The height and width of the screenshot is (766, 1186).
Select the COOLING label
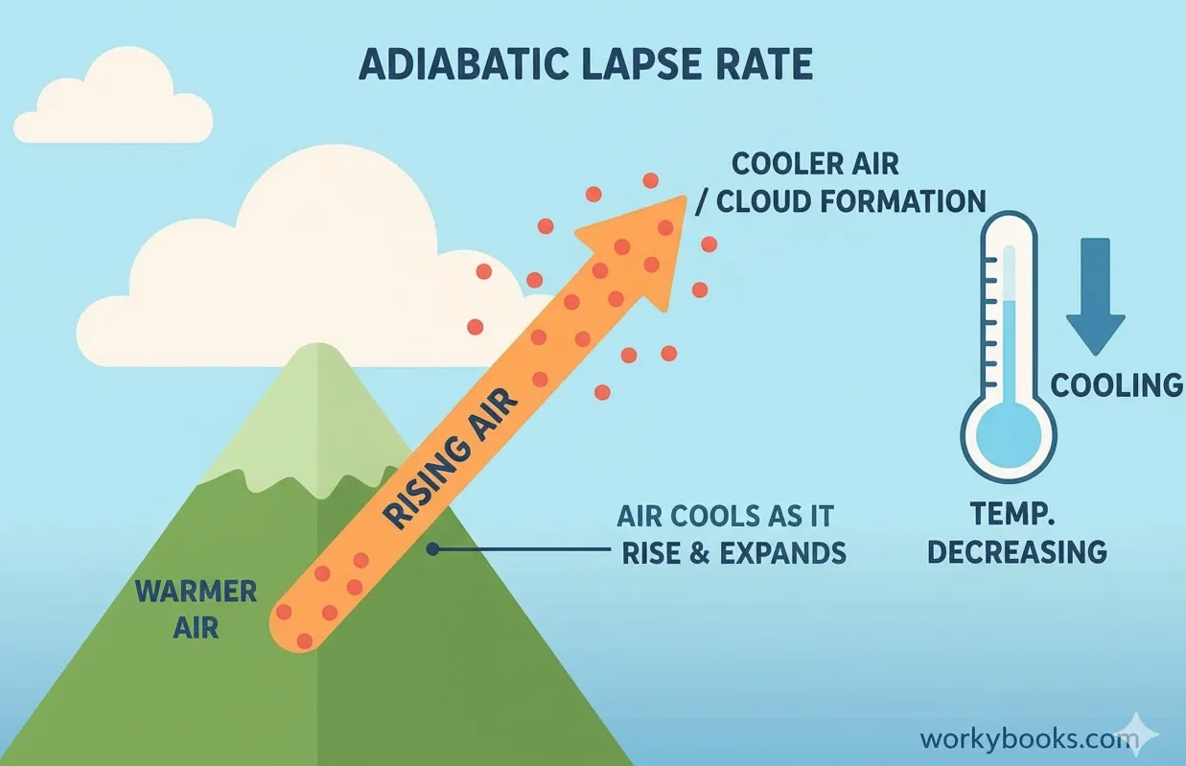pos(1117,385)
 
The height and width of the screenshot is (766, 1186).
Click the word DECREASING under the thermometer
pos(1017,552)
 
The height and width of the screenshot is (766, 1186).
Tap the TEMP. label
pos(1018,516)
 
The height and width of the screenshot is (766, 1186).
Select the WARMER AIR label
pos(196,609)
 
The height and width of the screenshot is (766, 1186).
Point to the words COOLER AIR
pos(815,164)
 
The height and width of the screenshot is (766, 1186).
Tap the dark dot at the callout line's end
pos(432,549)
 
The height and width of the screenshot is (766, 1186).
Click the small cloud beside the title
pos(113,104)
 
